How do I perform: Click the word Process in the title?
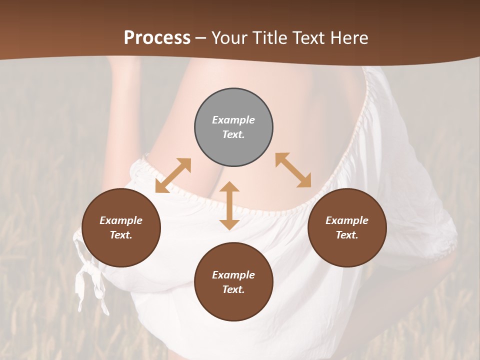click(x=157, y=38)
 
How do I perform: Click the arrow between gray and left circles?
click(x=173, y=175)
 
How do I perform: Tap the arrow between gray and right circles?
click(x=293, y=170)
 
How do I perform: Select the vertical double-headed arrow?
click(x=229, y=206)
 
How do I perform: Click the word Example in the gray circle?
click(x=233, y=120)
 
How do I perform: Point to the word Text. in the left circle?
click(x=121, y=235)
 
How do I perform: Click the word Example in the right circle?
click(x=347, y=220)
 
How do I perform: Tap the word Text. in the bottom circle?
click(x=233, y=289)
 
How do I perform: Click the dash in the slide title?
click(x=201, y=38)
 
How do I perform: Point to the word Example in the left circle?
click(x=121, y=220)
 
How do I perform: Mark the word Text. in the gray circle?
click(x=233, y=134)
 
